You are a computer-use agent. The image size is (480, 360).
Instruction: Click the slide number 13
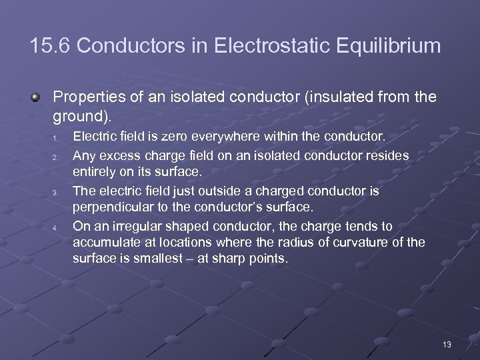point(447,345)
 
